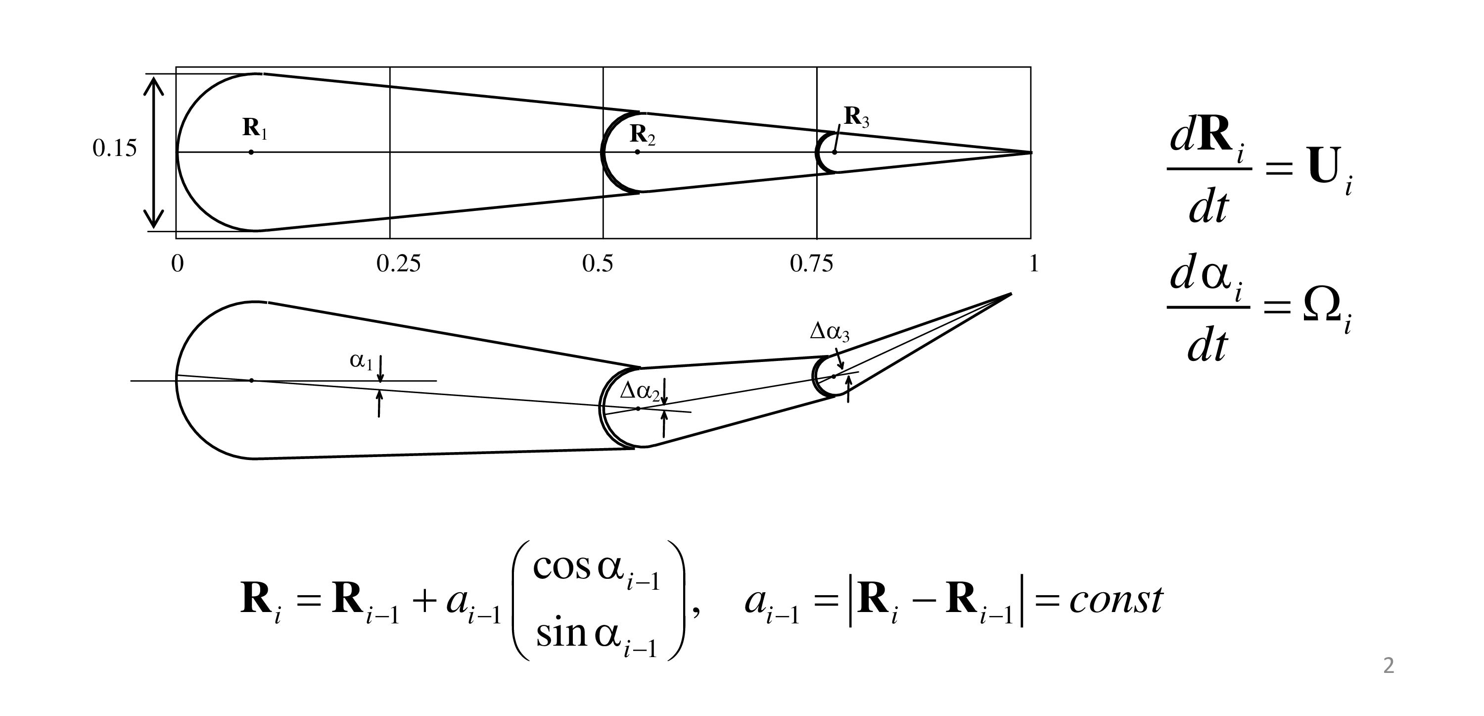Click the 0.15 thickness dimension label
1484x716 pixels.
[115, 149]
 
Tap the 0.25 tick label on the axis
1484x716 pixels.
[398, 264]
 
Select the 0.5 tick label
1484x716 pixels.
[598, 264]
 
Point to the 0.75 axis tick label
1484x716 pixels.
[811, 264]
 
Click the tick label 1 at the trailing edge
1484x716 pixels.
[1033, 264]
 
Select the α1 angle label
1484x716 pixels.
[361, 361]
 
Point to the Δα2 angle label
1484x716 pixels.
[639, 392]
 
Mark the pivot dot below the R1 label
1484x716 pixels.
[251, 152]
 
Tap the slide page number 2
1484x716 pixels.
[1389, 666]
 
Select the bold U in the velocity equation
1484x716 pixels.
[1326, 166]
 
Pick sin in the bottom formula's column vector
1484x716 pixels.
[561, 634]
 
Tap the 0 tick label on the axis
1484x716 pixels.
[178, 264]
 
